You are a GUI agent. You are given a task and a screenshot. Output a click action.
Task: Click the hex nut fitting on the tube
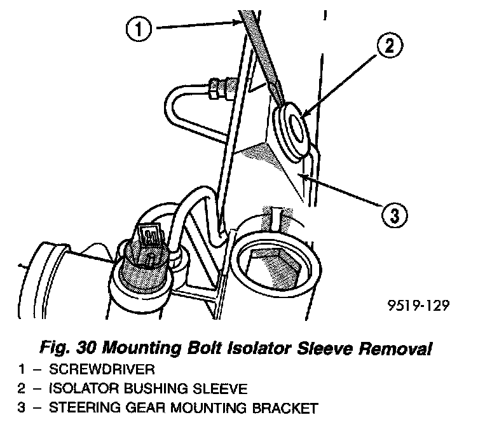pyautogui.click(x=215, y=89)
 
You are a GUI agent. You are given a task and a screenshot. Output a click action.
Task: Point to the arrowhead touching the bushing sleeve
pyautogui.click(x=304, y=112)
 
